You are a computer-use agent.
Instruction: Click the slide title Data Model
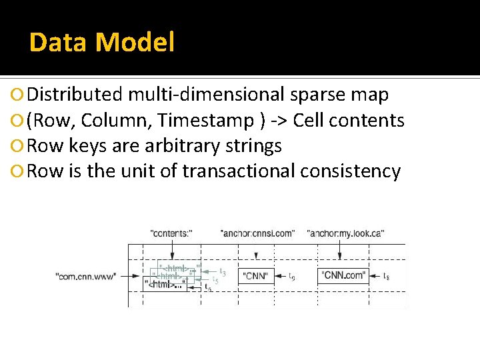coord(101,43)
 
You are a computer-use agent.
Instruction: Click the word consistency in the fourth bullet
coord(350,171)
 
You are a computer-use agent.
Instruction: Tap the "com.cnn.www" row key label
coord(87,275)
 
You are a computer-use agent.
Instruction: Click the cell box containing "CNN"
coord(255,275)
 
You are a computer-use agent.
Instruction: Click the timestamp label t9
coord(292,276)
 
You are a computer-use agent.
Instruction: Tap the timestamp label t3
coord(223,272)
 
